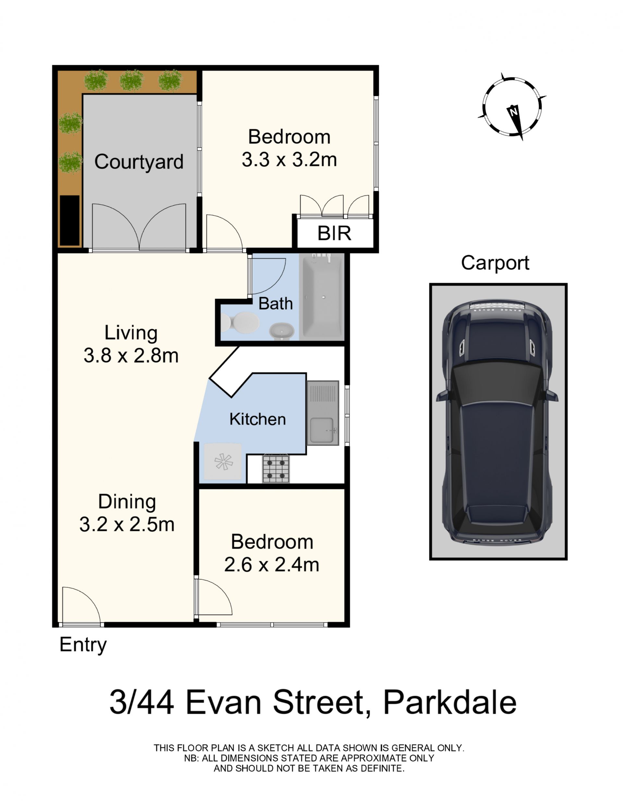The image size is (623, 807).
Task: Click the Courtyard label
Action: [139, 162]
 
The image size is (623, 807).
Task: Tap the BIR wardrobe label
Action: [334, 233]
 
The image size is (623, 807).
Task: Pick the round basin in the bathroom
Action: [281, 331]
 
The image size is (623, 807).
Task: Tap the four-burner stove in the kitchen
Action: [276, 469]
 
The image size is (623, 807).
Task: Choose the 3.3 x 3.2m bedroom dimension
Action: [289, 160]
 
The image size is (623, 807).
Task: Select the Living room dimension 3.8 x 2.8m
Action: [131, 356]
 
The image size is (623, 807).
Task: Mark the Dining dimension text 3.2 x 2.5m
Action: [127, 524]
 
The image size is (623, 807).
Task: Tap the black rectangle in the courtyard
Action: [70, 220]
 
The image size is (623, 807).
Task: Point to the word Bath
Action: [275, 303]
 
